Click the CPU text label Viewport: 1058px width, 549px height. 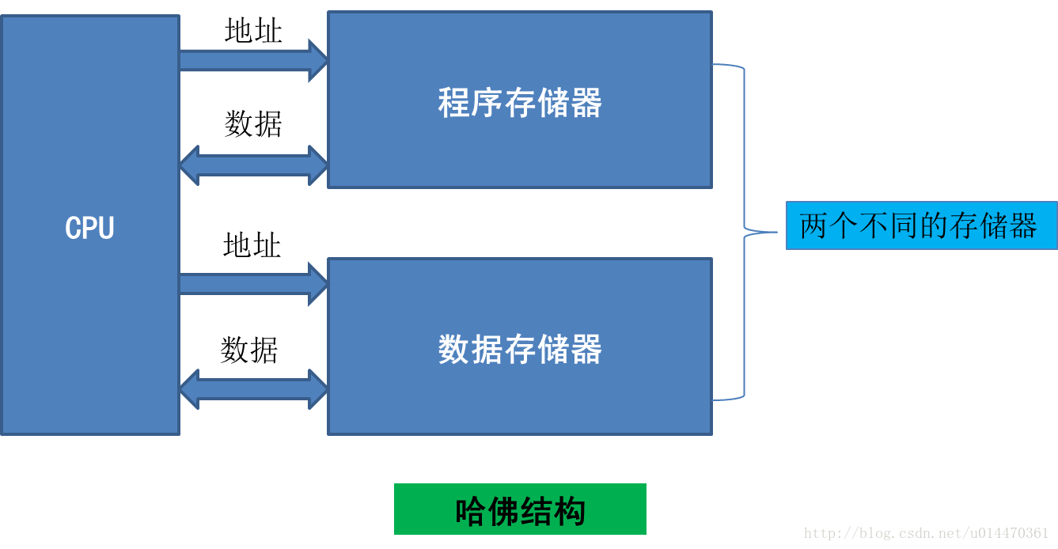click(89, 228)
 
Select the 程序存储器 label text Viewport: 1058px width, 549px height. click(520, 103)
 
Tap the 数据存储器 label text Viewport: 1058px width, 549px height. click(520, 350)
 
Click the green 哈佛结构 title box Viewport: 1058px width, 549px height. click(520, 509)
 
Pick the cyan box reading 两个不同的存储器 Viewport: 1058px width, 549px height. click(921, 226)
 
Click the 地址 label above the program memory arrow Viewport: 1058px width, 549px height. click(253, 31)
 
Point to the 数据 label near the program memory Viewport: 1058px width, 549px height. click(253, 123)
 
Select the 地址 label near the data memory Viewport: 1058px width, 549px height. click(252, 245)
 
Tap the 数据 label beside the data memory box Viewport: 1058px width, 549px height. click(249, 350)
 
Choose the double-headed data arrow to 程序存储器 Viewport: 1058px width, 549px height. click(253, 165)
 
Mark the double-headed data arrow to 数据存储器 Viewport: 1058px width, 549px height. click(253, 389)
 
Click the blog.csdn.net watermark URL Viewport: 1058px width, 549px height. click(927, 533)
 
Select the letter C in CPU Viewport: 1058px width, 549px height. click(73, 228)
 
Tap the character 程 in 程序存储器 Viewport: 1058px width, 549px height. click(454, 103)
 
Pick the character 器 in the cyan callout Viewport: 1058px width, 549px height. click(1022, 226)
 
